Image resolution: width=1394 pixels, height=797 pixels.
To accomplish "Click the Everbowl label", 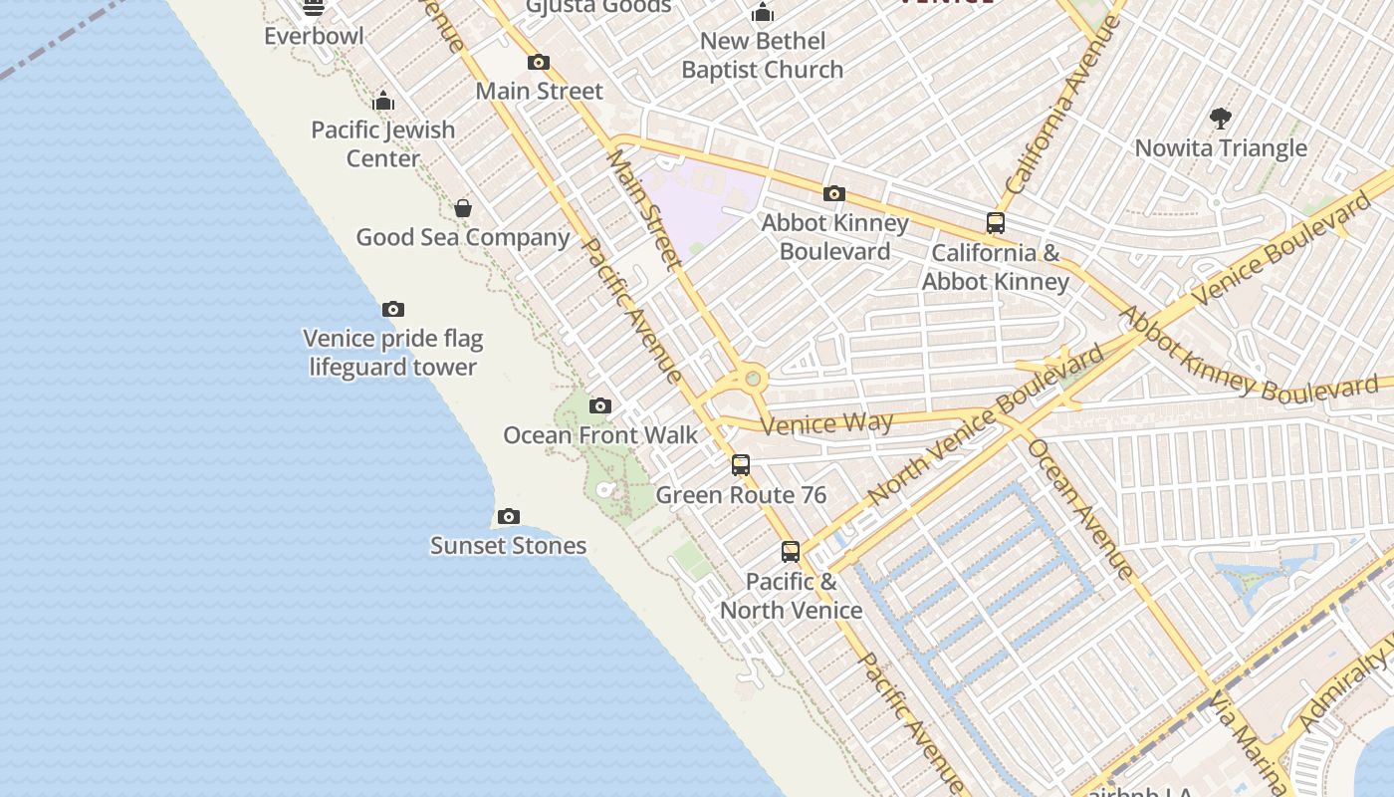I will pos(314,36).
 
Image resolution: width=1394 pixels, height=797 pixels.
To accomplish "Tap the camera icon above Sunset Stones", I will pos(509,516).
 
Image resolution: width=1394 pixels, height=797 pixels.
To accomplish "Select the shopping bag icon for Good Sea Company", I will pos(463,208).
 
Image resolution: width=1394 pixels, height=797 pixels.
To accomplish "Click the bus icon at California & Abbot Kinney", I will pos(996,223).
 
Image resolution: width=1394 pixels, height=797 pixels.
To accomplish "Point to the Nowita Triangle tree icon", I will pos(1221,119).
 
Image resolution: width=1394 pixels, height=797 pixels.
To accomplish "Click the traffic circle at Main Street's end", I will pos(753,379).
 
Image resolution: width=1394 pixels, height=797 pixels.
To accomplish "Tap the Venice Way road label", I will pos(826,423).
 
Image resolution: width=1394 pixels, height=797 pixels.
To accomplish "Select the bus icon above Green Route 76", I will pos(741,465).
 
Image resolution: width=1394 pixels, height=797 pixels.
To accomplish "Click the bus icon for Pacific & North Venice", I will pos(791,551).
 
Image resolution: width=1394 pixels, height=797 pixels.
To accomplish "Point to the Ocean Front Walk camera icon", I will pos(599,405).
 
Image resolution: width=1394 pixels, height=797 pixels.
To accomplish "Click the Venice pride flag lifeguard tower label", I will pos(392,353).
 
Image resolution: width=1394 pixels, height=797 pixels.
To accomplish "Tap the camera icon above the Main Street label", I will pos(539,62).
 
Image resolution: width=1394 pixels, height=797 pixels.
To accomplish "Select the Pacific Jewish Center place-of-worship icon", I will pos(383,101).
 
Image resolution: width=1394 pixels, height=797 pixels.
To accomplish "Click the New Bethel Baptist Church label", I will pos(763,55).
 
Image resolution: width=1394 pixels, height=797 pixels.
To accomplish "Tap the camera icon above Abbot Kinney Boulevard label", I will pos(834,193).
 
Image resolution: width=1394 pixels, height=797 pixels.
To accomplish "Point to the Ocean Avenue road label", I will pos(1080,508).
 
